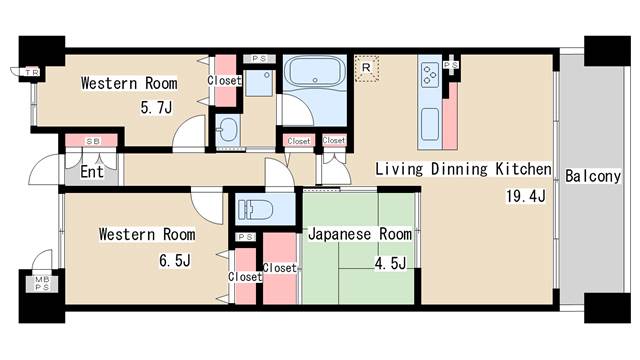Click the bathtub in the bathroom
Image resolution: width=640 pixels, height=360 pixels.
point(314,70)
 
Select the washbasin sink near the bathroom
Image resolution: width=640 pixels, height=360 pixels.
point(227,129)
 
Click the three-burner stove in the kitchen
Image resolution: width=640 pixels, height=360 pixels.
point(429,74)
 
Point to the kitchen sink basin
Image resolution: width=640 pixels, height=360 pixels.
point(430,124)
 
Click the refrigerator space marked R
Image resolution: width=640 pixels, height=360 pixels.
point(367,68)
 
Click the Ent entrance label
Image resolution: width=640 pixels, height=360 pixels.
point(91,171)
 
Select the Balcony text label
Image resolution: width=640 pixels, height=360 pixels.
point(593,176)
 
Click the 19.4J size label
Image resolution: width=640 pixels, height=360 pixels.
point(526,196)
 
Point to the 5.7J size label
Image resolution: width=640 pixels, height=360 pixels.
point(156,108)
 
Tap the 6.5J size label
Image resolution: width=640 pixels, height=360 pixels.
point(175,260)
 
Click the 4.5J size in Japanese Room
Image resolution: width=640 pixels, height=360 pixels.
point(390,263)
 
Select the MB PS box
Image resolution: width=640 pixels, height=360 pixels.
point(42,283)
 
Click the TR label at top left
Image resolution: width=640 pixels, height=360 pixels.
point(32,73)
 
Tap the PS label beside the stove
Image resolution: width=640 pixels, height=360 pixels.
point(451,65)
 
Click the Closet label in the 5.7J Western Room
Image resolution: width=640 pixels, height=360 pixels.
point(224,80)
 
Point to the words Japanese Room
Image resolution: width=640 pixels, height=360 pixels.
point(360,234)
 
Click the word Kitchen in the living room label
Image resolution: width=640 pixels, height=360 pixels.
point(523,169)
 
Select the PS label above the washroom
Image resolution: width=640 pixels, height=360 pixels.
point(259,59)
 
